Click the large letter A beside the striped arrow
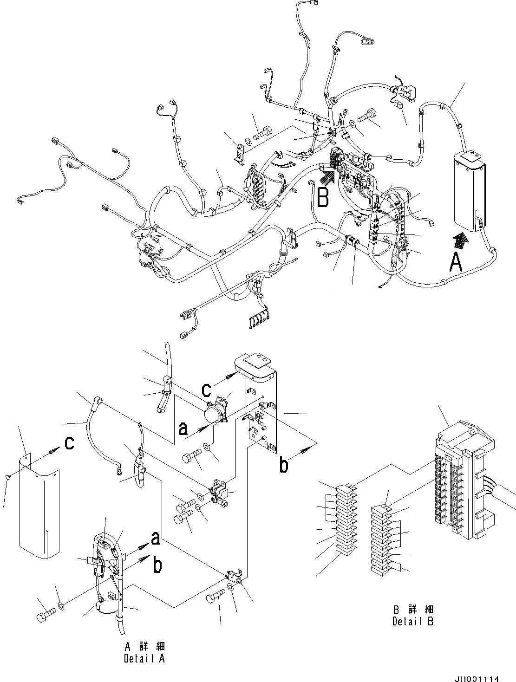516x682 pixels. coord(457,263)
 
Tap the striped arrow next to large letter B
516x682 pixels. coord(327,177)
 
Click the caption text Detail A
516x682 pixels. coord(144,658)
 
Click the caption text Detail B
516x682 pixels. coord(412,621)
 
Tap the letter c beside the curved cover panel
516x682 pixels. coord(69,443)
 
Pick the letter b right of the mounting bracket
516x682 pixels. coord(283,465)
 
